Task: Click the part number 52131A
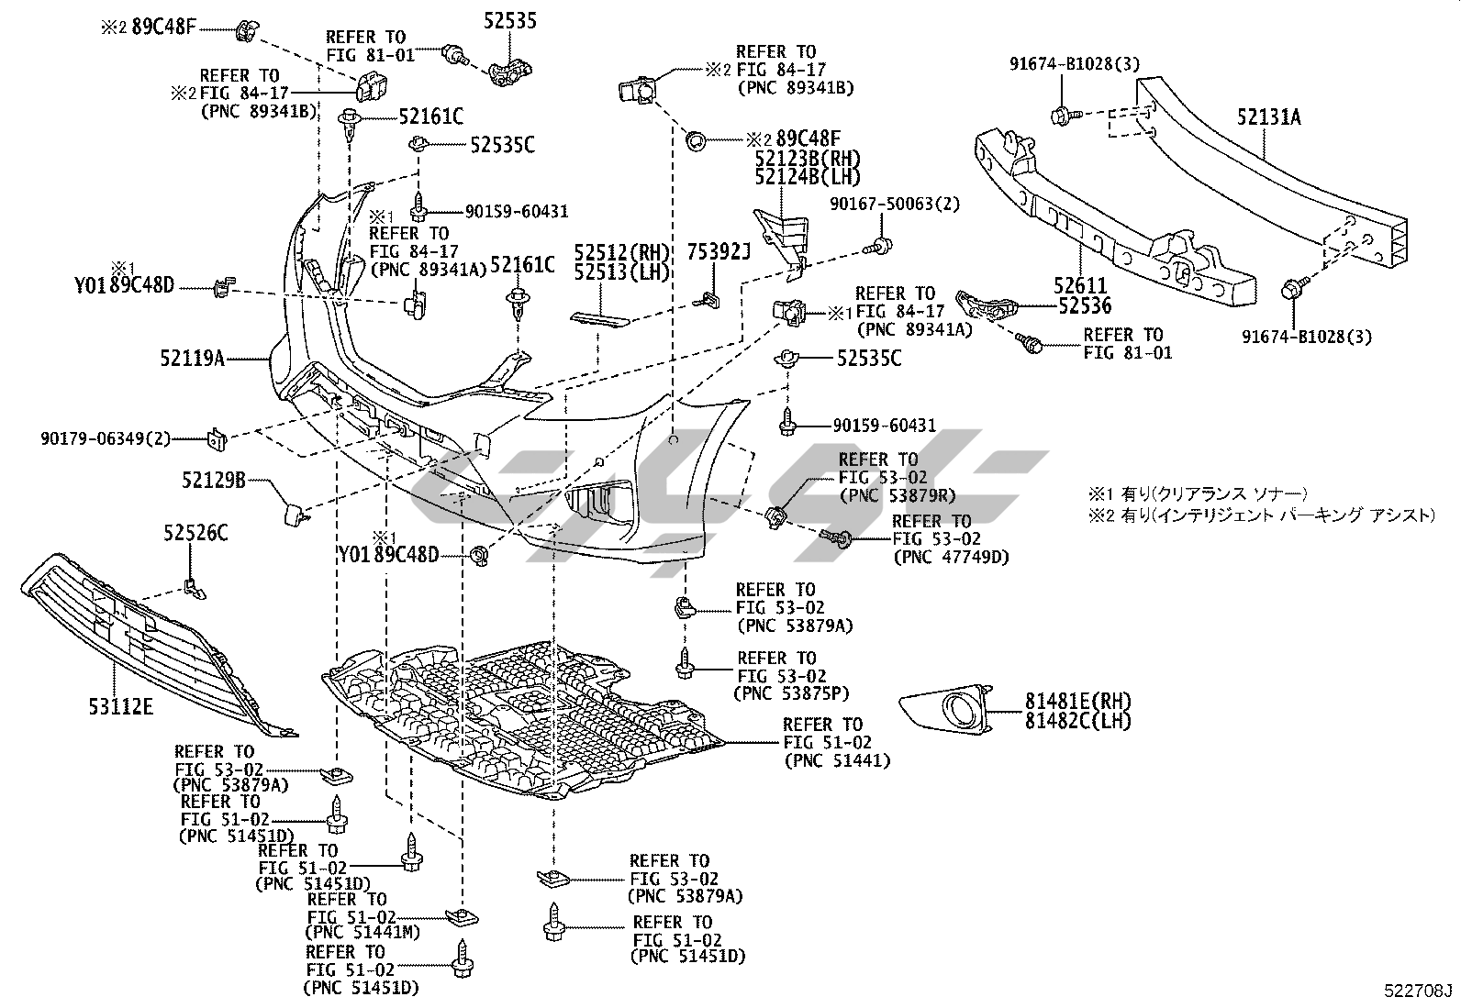(1267, 117)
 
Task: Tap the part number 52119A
(192, 358)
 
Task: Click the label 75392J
(719, 250)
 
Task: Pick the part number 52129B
(214, 479)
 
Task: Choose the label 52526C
(196, 533)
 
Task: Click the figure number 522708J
(1420, 991)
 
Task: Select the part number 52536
(1084, 308)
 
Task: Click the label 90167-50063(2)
(895, 204)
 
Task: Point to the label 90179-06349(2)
(106, 438)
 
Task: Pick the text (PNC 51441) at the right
(837, 760)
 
